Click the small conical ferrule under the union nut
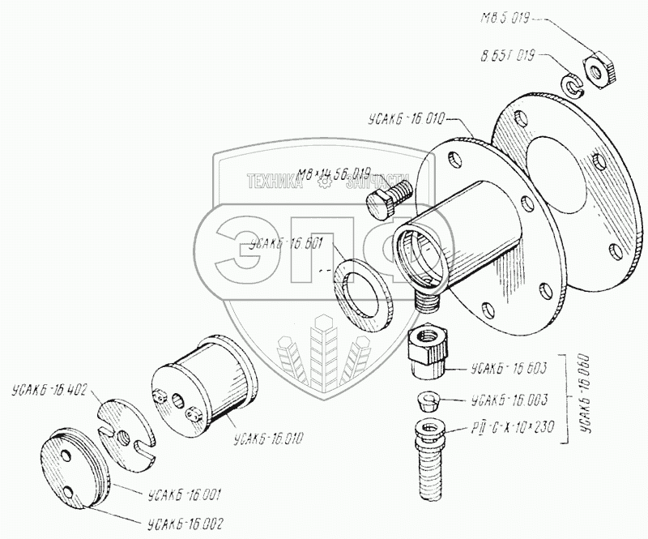(428, 400)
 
